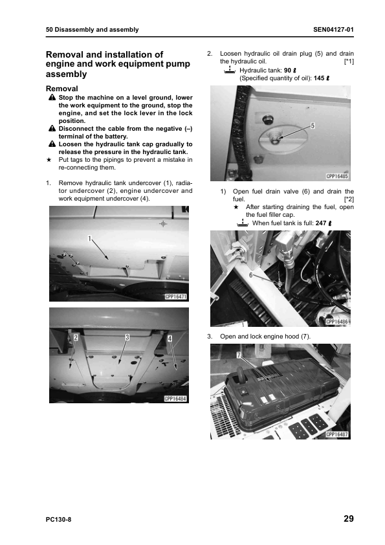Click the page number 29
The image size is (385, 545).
349,518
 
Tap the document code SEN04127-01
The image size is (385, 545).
333,30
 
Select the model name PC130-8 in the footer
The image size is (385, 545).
58,520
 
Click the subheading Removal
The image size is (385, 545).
62,89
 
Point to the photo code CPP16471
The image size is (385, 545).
176,297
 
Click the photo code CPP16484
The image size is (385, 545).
176,399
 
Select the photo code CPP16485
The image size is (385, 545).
337,176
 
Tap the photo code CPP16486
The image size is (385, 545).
337,322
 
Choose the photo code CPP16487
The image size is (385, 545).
337,434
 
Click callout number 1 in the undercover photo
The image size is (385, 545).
90,238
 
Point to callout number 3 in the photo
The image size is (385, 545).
127,337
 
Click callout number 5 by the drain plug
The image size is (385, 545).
313,126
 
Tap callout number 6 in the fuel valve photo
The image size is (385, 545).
251,275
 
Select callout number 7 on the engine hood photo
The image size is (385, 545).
239,355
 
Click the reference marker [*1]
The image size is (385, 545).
349,61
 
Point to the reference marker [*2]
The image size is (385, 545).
349,199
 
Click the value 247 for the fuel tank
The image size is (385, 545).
321,223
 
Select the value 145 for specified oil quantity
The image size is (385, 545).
319,78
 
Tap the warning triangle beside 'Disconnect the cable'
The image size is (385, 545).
52,129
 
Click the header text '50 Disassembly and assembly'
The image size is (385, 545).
92,30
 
